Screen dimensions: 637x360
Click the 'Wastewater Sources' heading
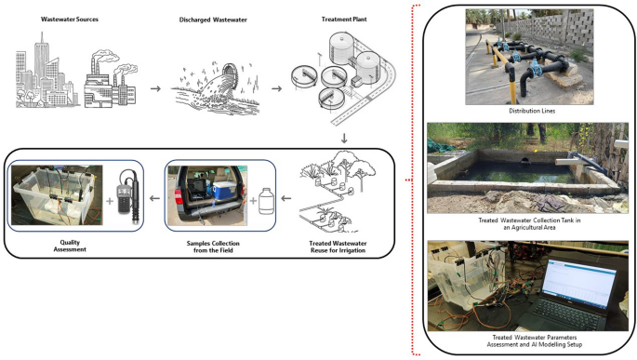tap(70, 20)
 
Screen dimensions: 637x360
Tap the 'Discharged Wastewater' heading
tap(213, 20)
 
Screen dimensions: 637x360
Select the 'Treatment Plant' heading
tap(344, 20)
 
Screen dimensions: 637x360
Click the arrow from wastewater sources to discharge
tap(155, 88)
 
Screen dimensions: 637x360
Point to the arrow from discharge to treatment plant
tap(277, 88)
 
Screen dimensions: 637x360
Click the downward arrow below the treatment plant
tap(344, 139)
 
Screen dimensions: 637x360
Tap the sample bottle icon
tap(267, 201)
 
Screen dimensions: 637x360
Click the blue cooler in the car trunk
tap(224, 190)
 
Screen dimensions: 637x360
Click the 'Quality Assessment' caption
tap(70, 246)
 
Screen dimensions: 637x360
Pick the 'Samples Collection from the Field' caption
tap(213, 247)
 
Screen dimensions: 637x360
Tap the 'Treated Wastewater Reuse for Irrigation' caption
tap(338, 247)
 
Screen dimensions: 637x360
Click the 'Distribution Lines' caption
tap(532, 111)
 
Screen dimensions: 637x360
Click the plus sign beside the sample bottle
tap(253, 200)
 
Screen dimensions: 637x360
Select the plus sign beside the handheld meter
tap(110, 201)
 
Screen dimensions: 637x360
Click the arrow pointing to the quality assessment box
tap(154, 198)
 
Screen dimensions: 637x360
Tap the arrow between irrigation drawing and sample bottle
tap(286, 198)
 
